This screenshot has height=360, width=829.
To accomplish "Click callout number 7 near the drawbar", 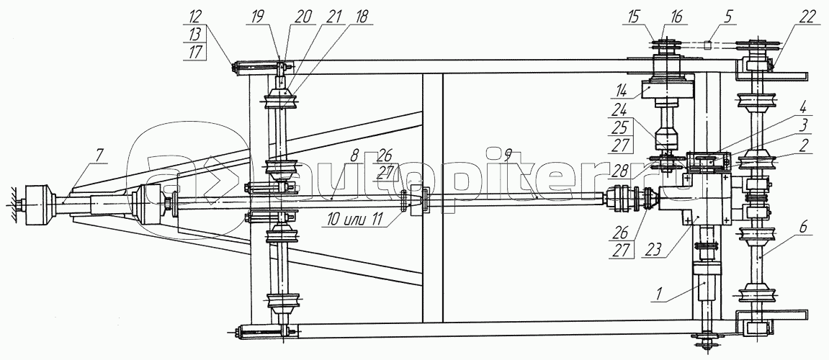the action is click(100, 155).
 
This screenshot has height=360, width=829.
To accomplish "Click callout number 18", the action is click(360, 18).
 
